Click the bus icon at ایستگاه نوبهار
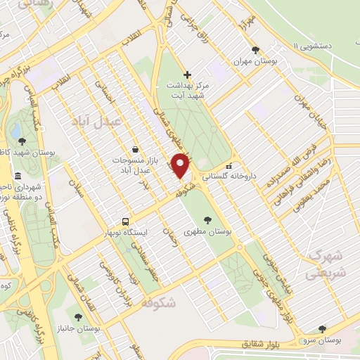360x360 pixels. [125, 220]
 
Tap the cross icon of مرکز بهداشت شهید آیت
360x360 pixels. [187, 75]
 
